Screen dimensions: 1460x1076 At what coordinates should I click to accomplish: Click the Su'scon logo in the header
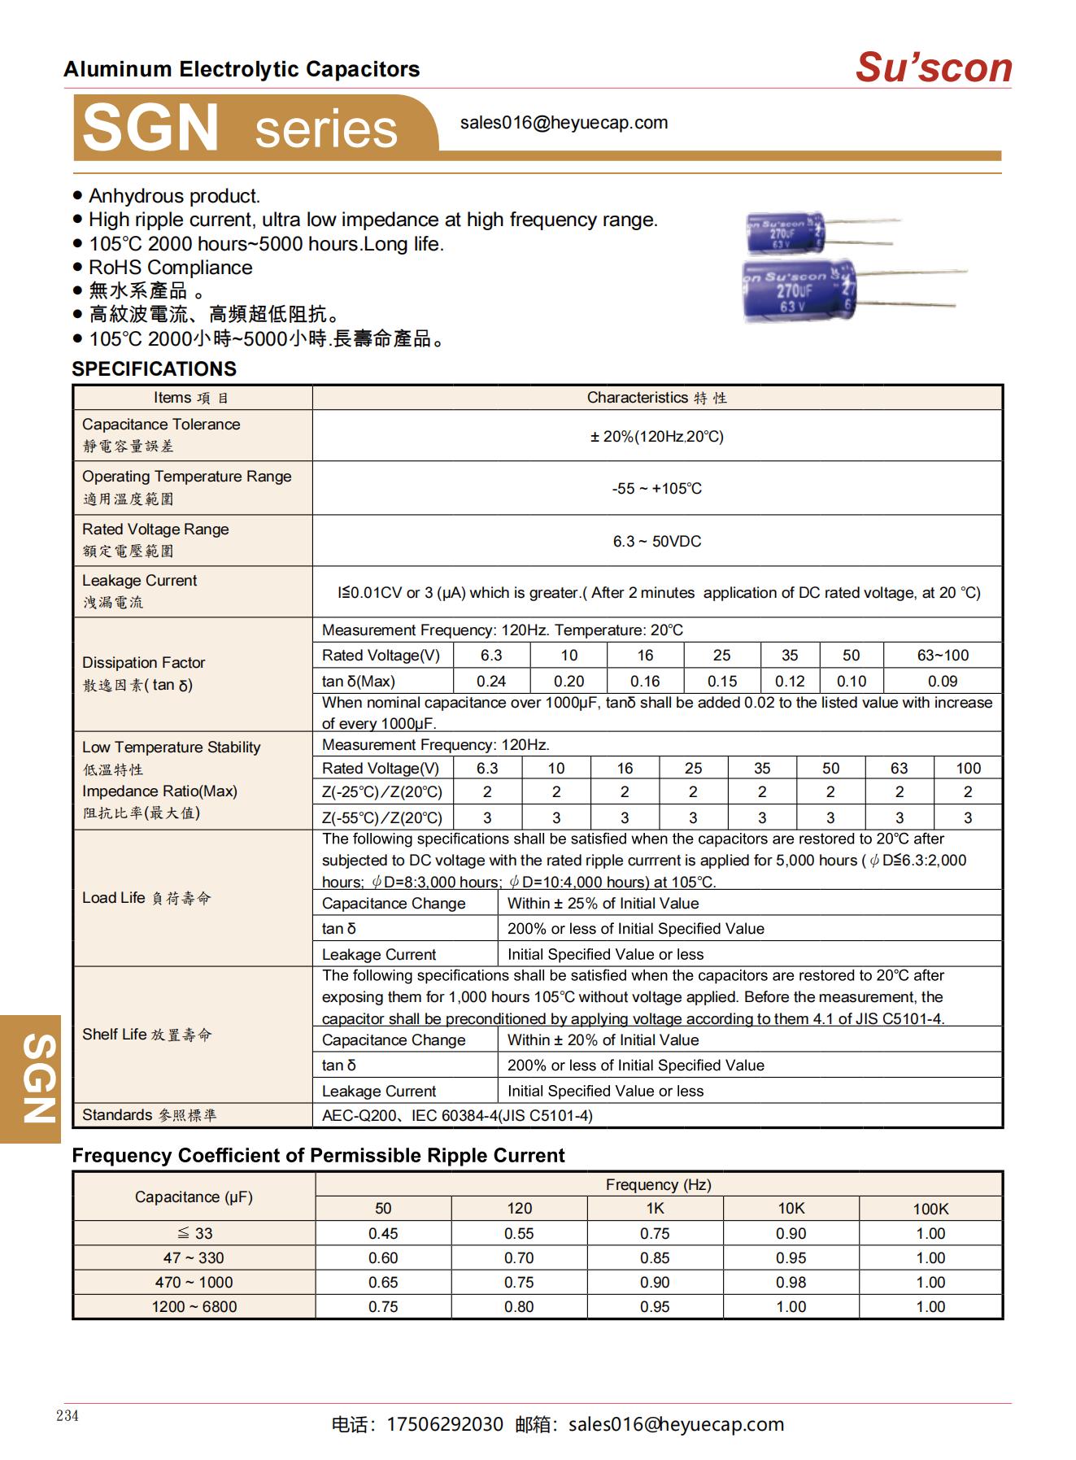click(x=933, y=68)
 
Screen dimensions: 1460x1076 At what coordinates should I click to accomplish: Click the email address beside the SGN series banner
click(x=564, y=123)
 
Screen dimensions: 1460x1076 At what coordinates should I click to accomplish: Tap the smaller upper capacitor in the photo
click(x=786, y=233)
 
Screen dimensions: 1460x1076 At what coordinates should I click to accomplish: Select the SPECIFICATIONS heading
click(x=154, y=368)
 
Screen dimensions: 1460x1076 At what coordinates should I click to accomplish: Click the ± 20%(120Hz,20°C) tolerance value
click(x=656, y=437)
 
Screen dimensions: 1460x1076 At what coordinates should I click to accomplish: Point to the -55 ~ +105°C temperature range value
click(x=656, y=489)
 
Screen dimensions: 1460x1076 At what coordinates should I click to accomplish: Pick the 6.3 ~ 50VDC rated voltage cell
click(x=656, y=542)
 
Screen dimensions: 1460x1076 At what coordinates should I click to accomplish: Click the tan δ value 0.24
click(x=491, y=682)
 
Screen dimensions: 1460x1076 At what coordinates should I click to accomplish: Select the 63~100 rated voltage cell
click(x=942, y=656)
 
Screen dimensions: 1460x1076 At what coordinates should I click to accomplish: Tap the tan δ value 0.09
click(x=942, y=682)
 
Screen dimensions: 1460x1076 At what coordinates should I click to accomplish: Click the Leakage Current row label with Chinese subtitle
click(x=139, y=591)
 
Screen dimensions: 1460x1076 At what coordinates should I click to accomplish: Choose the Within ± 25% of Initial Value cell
click(x=603, y=904)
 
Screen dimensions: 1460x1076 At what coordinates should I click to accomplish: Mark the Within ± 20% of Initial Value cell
click(x=603, y=1040)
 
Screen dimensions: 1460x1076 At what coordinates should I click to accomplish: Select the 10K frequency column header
click(x=791, y=1209)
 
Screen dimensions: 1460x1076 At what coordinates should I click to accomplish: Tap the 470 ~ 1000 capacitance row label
click(x=194, y=1283)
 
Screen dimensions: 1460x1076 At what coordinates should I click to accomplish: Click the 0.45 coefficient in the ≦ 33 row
click(x=383, y=1234)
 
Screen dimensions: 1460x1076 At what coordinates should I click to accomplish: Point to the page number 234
click(x=68, y=1416)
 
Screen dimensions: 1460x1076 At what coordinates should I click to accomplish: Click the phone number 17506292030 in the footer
click(x=445, y=1425)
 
